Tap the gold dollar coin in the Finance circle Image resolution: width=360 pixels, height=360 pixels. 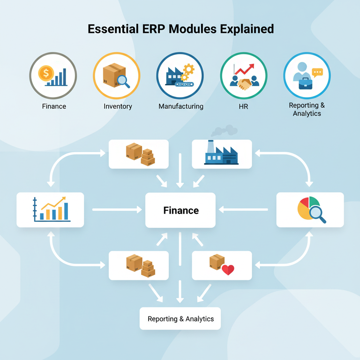46,73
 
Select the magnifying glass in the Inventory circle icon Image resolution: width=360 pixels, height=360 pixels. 123,82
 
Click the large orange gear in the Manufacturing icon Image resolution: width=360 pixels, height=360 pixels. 189,69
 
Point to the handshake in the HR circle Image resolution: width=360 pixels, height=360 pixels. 245,84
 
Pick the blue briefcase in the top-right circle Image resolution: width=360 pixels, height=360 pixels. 305,83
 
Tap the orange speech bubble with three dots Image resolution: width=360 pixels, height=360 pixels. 317,73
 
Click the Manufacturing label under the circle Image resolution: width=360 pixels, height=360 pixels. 181,106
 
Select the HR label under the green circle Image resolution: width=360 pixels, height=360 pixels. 243,106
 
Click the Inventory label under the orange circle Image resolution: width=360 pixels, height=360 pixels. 118,106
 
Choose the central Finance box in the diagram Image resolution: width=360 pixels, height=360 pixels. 180,210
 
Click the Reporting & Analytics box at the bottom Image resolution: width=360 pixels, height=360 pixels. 180,318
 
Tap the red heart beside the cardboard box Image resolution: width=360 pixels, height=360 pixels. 228,270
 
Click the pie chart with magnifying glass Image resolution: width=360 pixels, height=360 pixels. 312,210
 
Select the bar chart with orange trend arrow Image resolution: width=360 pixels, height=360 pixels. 52,209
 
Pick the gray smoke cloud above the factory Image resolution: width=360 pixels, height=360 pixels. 224,131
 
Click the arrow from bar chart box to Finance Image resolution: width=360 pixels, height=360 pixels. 117,210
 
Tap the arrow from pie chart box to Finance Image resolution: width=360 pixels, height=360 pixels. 243,210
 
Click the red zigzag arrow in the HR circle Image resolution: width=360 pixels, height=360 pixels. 244,69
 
